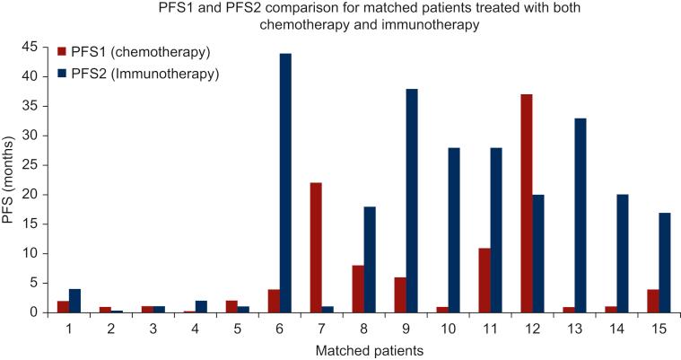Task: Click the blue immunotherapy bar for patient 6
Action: [x=285, y=183]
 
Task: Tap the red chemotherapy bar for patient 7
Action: [x=316, y=248]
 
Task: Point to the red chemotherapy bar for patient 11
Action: [x=484, y=280]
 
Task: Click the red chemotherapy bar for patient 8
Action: [x=358, y=289]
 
